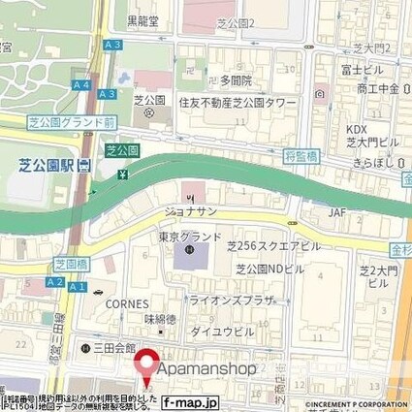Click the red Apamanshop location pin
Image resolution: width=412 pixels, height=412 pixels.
point(147,364)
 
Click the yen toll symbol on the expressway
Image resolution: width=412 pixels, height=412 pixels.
point(122,174)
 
